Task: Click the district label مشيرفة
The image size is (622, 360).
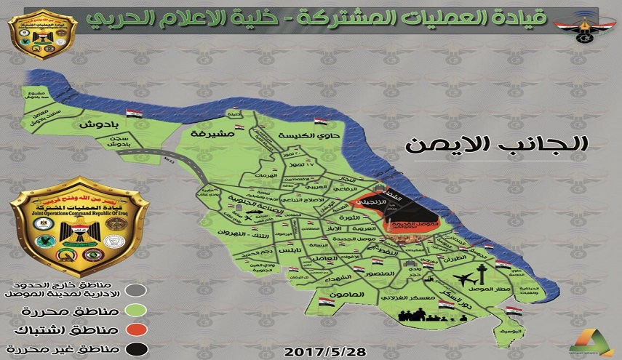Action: (x=207, y=135)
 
